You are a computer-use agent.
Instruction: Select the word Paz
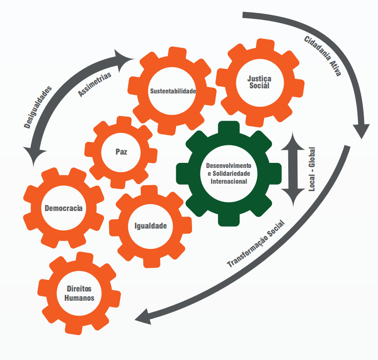pyautogui.click(x=121, y=151)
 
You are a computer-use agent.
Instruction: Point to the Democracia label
pyautogui.click(x=63, y=208)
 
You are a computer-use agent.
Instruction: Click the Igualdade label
pyautogui.click(x=150, y=226)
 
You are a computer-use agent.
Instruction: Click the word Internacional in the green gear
pyautogui.click(x=229, y=181)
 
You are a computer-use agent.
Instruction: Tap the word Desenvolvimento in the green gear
pyautogui.click(x=229, y=166)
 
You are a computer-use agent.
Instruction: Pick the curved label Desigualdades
pyautogui.click(x=37, y=106)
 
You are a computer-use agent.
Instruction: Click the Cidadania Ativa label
pyautogui.click(x=322, y=56)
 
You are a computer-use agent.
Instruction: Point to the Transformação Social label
pyautogui.click(x=255, y=244)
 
